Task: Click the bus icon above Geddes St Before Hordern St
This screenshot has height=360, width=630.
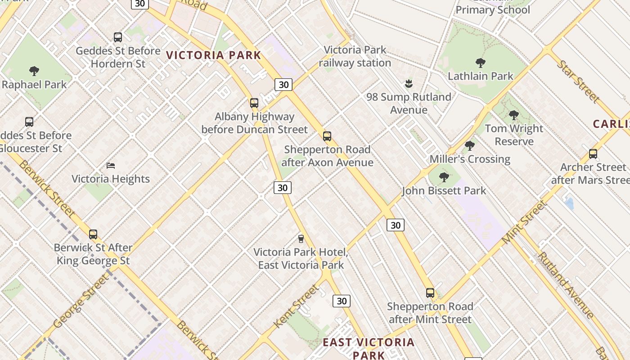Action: (118, 37)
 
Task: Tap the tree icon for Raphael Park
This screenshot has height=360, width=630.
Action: (34, 71)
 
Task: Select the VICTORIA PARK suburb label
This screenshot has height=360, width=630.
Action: (214, 55)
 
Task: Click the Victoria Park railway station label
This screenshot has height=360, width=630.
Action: (355, 56)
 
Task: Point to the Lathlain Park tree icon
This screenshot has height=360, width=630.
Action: (480, 63)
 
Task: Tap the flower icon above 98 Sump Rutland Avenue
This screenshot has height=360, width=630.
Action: (409, 84)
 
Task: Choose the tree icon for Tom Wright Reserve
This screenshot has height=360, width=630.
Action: (514, 115)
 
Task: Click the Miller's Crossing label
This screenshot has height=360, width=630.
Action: (470, 159)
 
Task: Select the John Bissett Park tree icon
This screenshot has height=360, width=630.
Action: (444, 177)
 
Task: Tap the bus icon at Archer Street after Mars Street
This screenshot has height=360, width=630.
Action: (593, 154)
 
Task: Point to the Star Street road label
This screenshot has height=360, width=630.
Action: (578, 81)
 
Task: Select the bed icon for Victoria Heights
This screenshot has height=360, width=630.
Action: (111, 166)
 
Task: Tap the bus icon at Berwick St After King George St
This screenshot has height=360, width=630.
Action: (93, 234)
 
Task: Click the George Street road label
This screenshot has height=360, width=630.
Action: (81, 301)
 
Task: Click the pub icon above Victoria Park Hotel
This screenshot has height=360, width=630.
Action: (301, 238)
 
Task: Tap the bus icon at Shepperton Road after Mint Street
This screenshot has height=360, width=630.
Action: (430, 293)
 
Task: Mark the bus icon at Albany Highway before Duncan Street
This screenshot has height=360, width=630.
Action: (254, 103)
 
